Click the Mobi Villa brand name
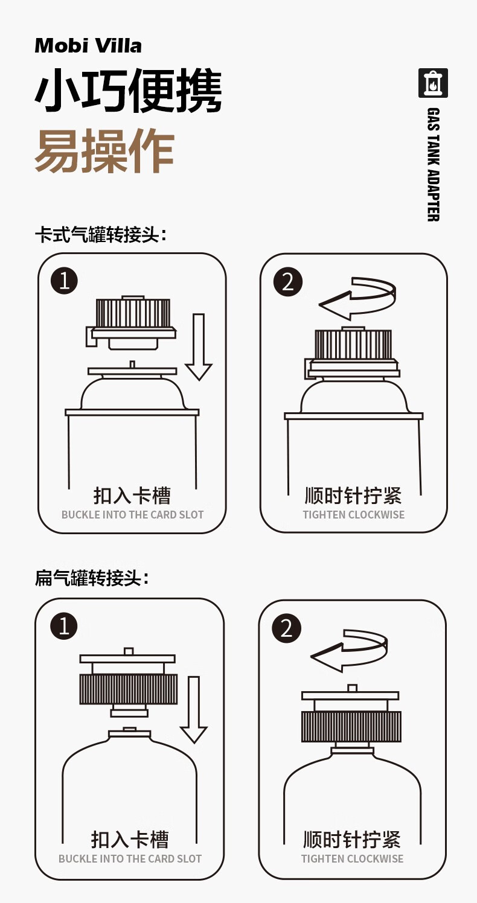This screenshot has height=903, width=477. (x=88, y=46)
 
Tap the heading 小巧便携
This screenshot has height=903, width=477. (x=128, y=91)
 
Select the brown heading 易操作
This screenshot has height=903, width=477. (x=104, y=151)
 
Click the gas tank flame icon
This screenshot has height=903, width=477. (x=433, y=83)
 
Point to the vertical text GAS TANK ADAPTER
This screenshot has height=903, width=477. (x=433, y=164)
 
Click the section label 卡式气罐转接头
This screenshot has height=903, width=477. (x=101, y=235)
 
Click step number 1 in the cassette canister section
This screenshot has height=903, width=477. (x=65, y=281)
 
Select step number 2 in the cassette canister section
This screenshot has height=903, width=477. (x=288, y=281)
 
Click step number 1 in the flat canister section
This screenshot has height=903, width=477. (x=64, y=626)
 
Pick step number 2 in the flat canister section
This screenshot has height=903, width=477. (x=286, y=628)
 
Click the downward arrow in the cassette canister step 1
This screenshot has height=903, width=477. (x=199, y=346)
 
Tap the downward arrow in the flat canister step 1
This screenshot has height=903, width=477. (x=194, y=709)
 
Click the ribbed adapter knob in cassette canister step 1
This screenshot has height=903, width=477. (x=133, y=313)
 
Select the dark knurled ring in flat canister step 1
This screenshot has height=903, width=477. (x=128, y=689)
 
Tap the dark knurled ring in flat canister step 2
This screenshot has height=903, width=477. (x=351, y=726)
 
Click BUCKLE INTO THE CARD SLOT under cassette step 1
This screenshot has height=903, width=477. (x=132, y=515)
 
